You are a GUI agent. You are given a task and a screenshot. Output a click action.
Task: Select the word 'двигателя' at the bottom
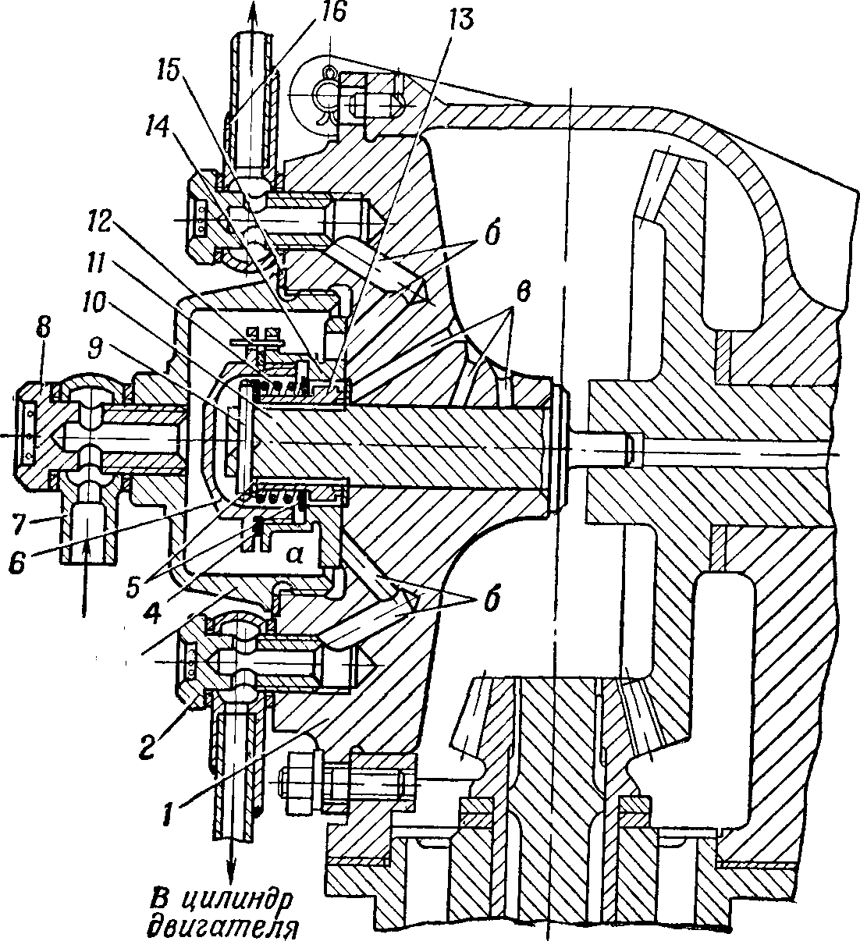[x=223, y=925]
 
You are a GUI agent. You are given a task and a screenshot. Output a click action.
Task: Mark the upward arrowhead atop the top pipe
[x=254, y=10]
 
